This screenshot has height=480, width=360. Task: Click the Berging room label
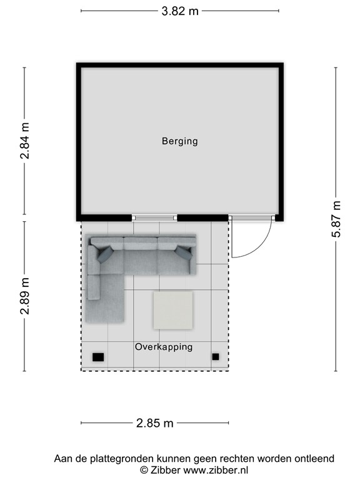[x=179, y=141]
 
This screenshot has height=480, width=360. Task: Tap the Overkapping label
[x=164, y=346]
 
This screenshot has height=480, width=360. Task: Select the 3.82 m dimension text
[x=180, y=11]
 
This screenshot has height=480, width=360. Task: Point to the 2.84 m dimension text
[x=25, y=141]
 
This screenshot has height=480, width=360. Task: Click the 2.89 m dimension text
[x=25, y=296]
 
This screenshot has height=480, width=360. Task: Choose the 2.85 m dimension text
[x=154, y=423]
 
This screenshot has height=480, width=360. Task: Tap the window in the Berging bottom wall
[x=154, y=217]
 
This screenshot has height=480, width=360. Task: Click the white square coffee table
[x=173, y=311]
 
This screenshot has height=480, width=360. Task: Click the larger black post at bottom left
[x=98, y=357]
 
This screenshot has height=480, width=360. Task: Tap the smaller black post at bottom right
[x=216, y=356]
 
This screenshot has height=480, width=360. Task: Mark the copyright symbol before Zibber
[x=143, y=469]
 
